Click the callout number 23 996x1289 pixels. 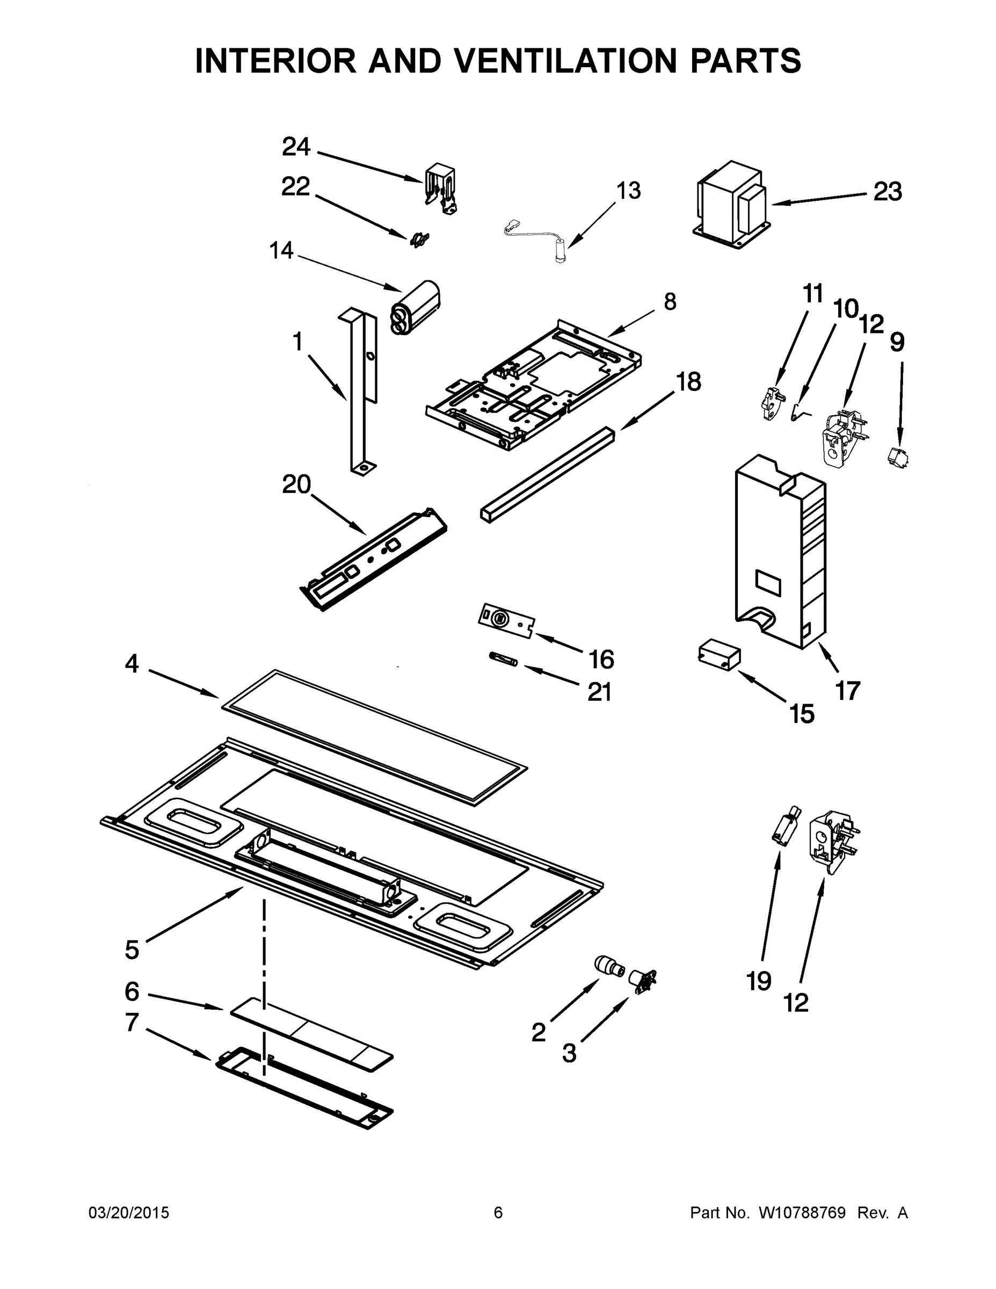[888, 192]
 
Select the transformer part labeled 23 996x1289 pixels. [732, 204]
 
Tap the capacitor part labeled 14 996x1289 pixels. [416, 308]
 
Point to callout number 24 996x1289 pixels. [296, 147]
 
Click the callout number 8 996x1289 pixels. [670, 302]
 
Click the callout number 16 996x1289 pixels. [601, 659]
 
